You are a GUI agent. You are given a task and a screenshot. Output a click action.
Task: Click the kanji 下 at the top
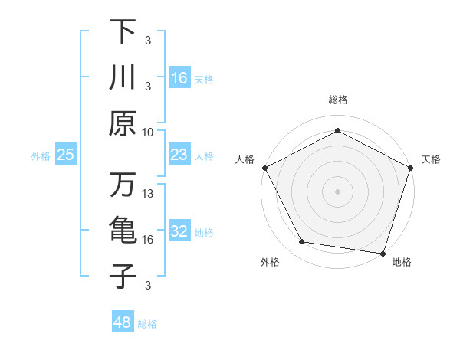coord(123,32)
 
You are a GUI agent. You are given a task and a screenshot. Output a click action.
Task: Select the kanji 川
coord(123,77)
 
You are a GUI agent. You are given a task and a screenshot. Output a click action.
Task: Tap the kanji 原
coord(123,123)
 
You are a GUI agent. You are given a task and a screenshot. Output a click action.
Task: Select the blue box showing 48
coord(123,322)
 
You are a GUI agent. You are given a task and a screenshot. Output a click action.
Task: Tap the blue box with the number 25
coord(66,155)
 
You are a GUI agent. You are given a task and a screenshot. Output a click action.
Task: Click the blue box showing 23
coord(179,155)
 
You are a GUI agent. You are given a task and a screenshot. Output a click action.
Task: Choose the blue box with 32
coord(179,232)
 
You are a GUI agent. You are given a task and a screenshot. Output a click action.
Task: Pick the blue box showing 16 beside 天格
coord(179,78)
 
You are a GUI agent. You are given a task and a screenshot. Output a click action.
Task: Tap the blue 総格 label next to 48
coord(147,324)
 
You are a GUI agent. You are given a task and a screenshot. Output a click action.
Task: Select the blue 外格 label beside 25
coord(41,156)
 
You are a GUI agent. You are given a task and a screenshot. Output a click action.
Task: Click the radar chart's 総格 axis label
coord(337,100)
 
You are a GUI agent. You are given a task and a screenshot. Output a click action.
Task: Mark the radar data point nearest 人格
coord(264,167)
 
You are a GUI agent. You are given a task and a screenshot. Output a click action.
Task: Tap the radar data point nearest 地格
coord(383,252)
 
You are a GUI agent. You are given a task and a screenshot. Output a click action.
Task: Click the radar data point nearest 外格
coord(302,242)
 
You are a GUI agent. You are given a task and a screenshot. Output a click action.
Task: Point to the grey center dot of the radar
coord(337,191)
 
